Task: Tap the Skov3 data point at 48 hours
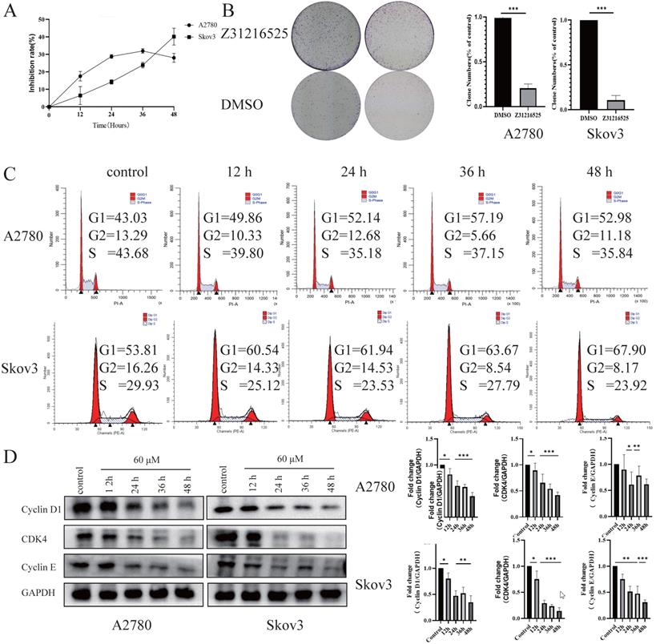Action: coord(174,36)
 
